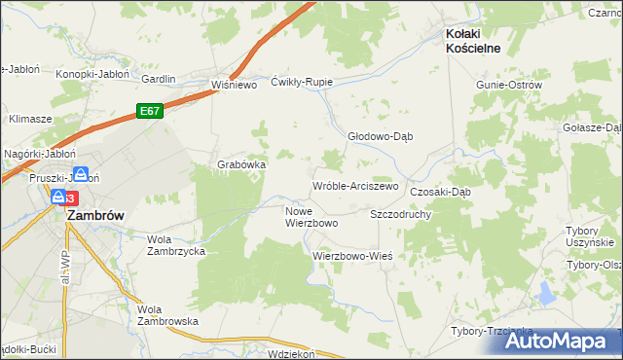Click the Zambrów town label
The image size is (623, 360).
coord(93,218)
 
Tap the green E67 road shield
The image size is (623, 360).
coord(148,112)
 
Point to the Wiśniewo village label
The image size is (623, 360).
coord(233,85)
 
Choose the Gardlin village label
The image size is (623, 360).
coord(159,79)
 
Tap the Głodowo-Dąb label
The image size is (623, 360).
coord(382,137)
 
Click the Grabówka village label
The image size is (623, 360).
coord(241,164)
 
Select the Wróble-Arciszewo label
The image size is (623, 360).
coord(355,186)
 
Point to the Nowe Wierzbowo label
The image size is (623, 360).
coord(311,217)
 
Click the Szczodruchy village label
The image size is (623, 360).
coord(401,213)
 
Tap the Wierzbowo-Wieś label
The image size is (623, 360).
coord(352,256)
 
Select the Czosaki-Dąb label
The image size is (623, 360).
coord(440,192)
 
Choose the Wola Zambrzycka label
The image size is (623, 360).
coord(175,244)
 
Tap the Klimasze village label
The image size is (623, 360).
coord(30,118)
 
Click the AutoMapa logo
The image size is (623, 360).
coord(564,342)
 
